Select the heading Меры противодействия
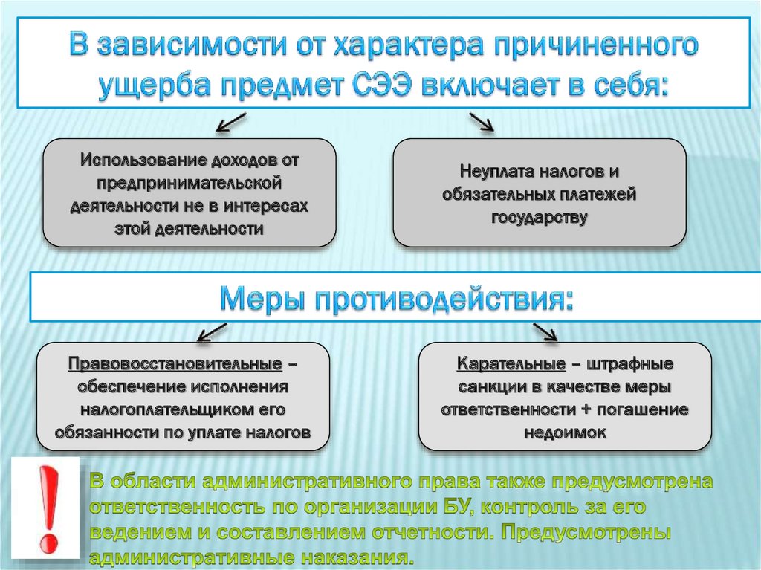[x=397, y=299]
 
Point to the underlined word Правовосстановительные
[x=175, y=365]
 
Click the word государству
[x=539, y=217]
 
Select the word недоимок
[x=565, y=433]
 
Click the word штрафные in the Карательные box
[x=632, y=365]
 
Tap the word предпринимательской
[x=187, y=183]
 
